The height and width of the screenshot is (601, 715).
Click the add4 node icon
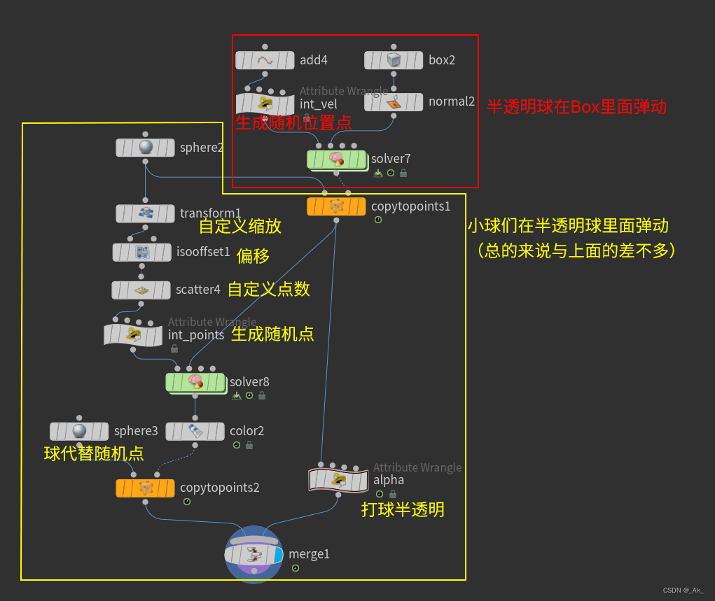coord(265,60)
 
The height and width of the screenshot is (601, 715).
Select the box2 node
coord(394,60)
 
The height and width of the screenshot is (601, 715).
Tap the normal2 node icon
coord(394,102)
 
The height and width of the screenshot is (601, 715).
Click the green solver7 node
coord(336,160)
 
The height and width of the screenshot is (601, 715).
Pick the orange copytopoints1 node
coord(336,206)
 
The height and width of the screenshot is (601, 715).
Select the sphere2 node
coord(145,148)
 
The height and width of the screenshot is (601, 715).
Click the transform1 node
coord(145,213)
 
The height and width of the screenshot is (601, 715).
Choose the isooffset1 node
coord(141,252)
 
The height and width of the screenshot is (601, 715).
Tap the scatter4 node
coord(141,290)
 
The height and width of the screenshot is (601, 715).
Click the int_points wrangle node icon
coord(133,334)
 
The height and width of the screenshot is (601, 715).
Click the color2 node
coord(195,431)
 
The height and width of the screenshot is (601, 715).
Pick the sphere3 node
coord(79,431)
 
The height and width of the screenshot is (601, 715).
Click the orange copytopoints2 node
coord(145,488)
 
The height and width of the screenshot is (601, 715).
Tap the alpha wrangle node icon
coord(338,480)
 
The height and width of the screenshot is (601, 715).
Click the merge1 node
coord(254,554)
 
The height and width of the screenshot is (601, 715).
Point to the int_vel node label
coord(319,104)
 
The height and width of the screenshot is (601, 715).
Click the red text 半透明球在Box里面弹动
coord(576,107)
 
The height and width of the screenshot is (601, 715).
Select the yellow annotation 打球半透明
coord(403,509)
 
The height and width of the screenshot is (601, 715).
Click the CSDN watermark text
coord(683,591)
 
